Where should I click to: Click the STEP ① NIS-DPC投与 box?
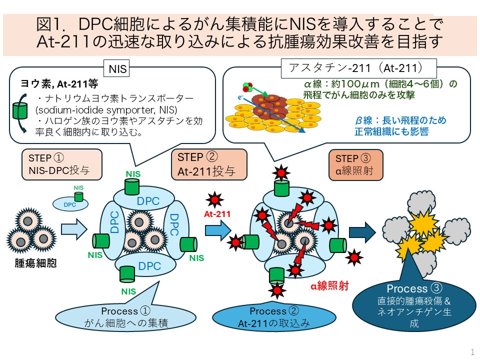point(62,164)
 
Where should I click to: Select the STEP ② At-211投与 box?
point(209,164)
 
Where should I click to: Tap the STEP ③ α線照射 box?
point(355,165)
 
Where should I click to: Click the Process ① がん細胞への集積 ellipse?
point(125,317)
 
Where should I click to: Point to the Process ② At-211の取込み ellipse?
point(274,317)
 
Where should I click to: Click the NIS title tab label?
point(117,68)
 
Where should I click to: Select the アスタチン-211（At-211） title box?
point(358,68)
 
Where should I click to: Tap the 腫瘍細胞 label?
point(36,263)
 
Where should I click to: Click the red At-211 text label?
point(217,214)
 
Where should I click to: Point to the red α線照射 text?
point(329,285)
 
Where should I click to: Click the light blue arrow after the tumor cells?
point(74,229)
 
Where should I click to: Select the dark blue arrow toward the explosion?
point(362,232)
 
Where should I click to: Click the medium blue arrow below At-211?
point(218,230)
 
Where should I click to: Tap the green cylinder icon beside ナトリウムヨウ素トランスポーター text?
point(20,111)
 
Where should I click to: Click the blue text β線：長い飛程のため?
point(400,120)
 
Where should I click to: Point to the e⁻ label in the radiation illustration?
point(240,97)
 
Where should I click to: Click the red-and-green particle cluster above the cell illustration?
point(247,87)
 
